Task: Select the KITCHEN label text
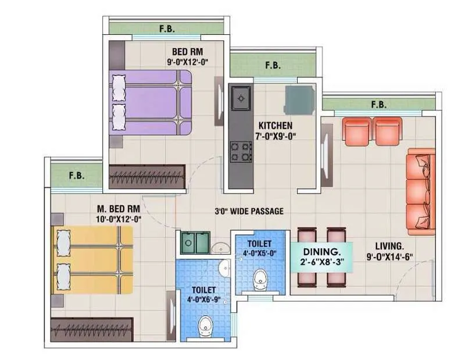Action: (276, 126)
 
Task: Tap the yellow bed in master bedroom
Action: (92, 260)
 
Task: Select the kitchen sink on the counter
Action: (239, 99)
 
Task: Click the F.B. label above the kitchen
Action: (273, 66)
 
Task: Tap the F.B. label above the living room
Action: (378, 105)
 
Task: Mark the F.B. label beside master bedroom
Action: (76, 174)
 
